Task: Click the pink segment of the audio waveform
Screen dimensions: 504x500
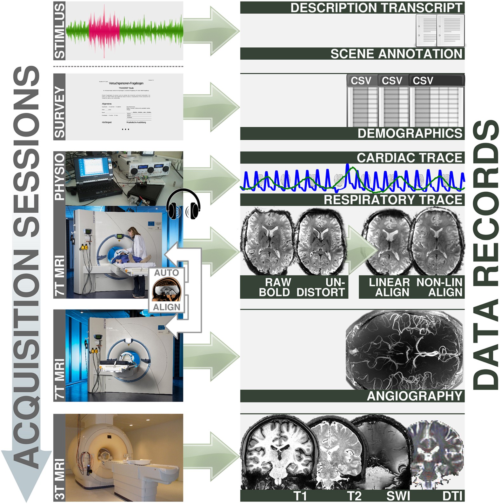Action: click(104, 32)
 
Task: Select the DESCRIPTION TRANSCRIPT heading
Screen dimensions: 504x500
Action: click(376, 8)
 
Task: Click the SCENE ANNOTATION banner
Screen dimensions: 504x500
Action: click(396, 54)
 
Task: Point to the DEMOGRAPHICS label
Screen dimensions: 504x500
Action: click(410, 133)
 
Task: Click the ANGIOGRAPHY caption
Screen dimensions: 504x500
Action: click(414, 396)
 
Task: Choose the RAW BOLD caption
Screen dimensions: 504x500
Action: click(275, 287)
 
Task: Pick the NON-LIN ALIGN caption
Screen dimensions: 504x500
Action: click(439, 287)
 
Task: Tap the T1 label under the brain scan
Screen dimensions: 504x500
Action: click(300, 496)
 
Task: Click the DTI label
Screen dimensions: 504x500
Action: click(452, 496)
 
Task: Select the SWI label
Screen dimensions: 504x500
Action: click(398, 496)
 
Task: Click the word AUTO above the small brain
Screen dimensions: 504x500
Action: click(166, 273)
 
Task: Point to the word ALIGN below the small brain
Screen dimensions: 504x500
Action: click(166, 307)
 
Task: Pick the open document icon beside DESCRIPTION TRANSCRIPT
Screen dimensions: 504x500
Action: click(440, 30)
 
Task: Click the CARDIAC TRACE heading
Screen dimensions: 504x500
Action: click(409, 158)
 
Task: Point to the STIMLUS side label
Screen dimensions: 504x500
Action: click(59, 31)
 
